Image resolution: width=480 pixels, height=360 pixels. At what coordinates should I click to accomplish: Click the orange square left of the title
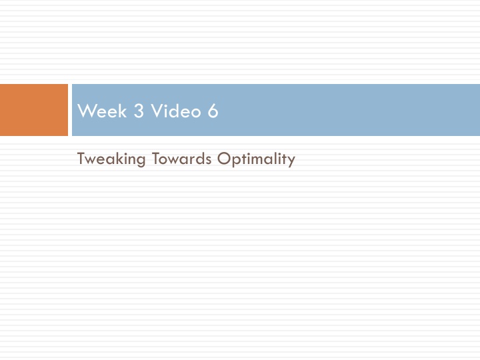tap(33, 110)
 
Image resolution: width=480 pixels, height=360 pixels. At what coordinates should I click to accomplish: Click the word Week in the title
tap(103, 111)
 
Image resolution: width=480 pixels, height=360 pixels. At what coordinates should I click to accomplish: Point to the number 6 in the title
tap(213, 111)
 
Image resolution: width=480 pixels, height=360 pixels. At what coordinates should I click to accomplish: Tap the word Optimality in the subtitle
tap(256, 159)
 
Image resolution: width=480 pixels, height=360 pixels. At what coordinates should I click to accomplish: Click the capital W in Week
tap(85, 111)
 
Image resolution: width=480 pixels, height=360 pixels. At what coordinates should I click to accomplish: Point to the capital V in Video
tap(155, 111)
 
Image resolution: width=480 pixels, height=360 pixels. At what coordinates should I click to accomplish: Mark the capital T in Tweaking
tap(81, 159)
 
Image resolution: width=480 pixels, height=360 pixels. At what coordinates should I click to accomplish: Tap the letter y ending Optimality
tap(291, 161)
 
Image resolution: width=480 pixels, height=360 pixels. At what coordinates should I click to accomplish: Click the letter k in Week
tap(123, 111)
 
